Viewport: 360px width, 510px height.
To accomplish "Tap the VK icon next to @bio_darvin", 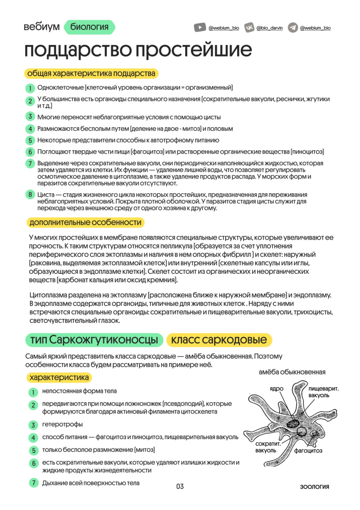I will [249, 27].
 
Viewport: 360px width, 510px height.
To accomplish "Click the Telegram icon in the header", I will [293, 27].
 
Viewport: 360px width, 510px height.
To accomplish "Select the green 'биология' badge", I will [89, 27].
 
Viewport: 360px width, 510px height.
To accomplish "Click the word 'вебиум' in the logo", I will [41, 27].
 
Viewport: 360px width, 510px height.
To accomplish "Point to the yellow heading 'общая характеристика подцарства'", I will [91, 74].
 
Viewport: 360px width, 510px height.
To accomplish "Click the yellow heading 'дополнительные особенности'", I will [85, 222].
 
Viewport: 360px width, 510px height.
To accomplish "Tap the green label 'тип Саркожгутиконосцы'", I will [94, 340].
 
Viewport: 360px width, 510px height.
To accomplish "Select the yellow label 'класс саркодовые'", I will [219, 340].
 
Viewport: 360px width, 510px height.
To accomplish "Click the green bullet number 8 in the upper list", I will [30, 194].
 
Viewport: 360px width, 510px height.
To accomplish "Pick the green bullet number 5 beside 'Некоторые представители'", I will [30, 140].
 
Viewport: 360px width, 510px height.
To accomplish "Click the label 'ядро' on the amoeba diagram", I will [276, 388].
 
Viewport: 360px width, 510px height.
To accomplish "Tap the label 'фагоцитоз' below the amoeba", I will [308, 451].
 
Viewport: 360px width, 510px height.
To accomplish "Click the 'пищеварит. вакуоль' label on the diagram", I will [323, 392].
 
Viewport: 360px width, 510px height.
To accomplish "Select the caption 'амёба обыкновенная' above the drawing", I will [292, 372].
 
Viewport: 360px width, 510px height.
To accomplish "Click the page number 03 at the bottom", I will [180, 486].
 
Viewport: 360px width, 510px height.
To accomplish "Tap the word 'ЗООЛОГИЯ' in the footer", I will [315, 487].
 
